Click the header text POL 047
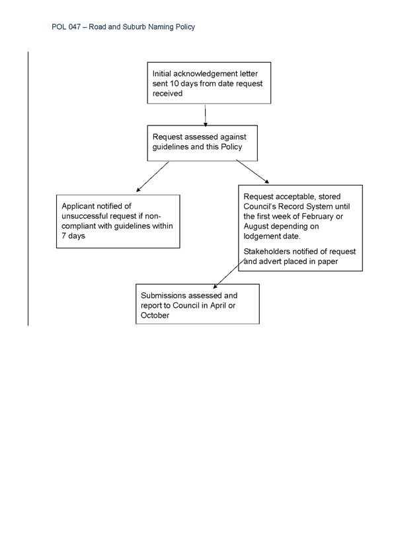[x=66, y=27]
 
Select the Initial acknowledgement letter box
[x=209, y=83]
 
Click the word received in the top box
[x=168, y=94]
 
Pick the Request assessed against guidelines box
[x=202, y=143]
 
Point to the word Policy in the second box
[x=231, y=147]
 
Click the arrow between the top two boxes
[x=205, y=116]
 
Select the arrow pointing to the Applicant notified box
[x=153, y=176]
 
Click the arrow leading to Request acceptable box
[x=253, y=172]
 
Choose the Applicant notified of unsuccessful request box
[x=118, y=221]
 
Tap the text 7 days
[x=73, y=236]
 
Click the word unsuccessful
[x=85, y=216]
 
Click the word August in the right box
[x=257, y=227]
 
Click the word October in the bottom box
[x=155, y=316]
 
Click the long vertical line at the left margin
[x=28, y=189]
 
